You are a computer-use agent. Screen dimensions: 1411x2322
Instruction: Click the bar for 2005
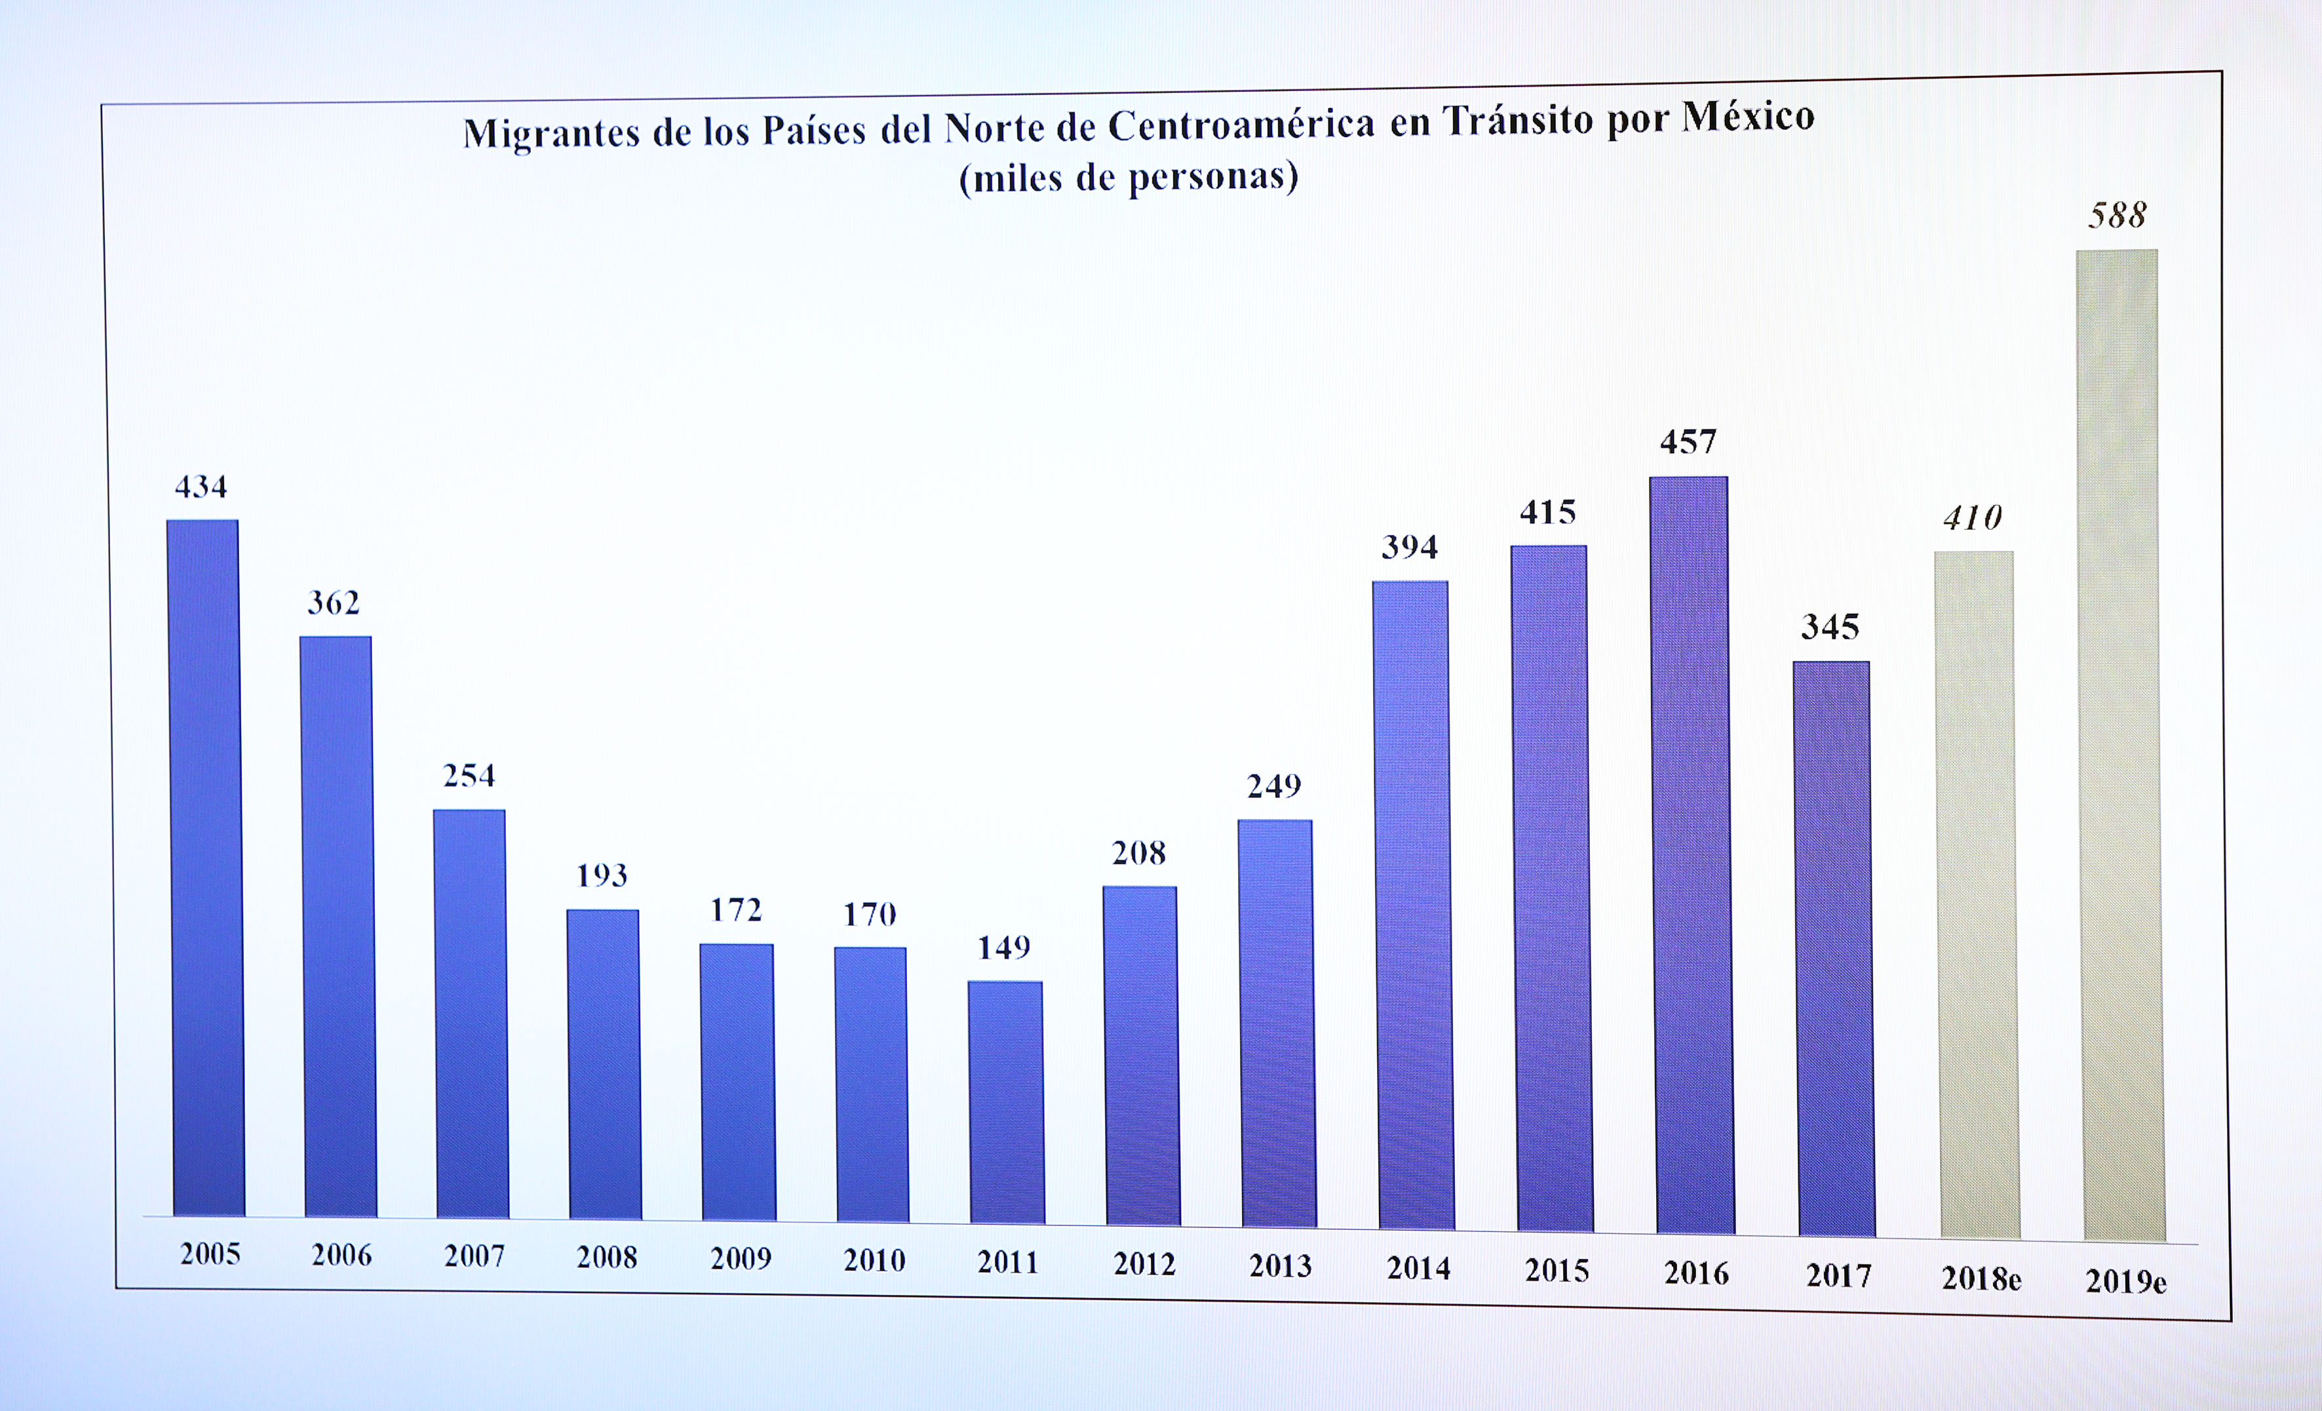pyautogui.click(x=205, y=867)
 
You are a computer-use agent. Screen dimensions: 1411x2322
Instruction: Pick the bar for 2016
pyautogui.click(x=1692, y=855)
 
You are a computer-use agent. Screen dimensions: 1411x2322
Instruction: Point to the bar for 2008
pyautogui.click(x=604, y=1064)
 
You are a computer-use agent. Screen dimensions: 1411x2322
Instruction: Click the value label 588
pyautogui.click(x=2117, y=216)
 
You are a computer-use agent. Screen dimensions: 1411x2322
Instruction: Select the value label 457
pyautogui.click(x=1688, y=442)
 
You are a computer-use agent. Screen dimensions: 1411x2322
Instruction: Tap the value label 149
pyautogui.click(x=1003, y=947)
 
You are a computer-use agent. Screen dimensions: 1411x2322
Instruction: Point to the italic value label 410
pyautogui.click(x=1973, y=517)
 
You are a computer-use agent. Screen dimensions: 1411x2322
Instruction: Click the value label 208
pyautogui.click(x=1138, y=853)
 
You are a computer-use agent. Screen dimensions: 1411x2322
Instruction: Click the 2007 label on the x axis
pyautogui.click(x=474, y=1256)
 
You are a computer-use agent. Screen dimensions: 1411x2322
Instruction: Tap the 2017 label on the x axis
pyautogui.click(x=1838, y=1275)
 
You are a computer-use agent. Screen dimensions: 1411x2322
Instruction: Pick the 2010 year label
pyautogui.click(x=874, y=1260)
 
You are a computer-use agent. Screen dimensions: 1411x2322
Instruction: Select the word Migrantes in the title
pyautogui.click(x=551, y=134)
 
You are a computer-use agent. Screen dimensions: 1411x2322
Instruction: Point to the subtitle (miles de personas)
pyautogui.click(x=1128, y=177)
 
